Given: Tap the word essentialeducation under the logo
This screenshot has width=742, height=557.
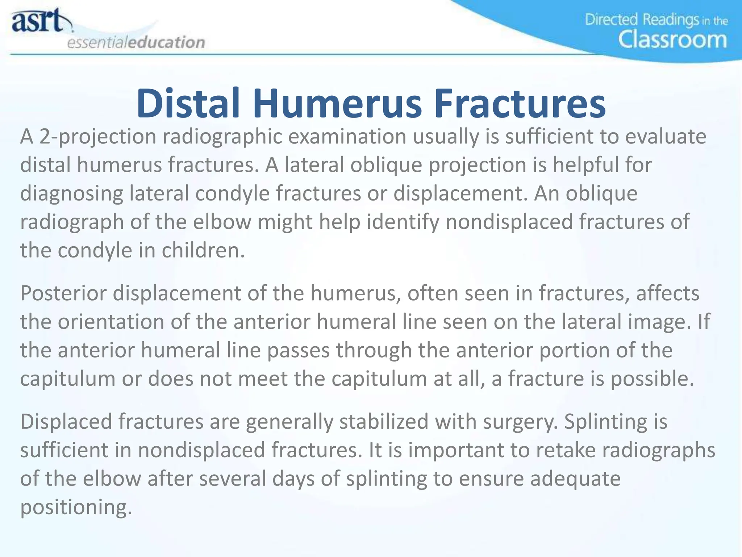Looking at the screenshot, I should point(136,42).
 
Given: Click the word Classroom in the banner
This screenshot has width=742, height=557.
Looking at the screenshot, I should point(672,40).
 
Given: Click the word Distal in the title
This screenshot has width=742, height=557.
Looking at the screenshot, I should point(188,104).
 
